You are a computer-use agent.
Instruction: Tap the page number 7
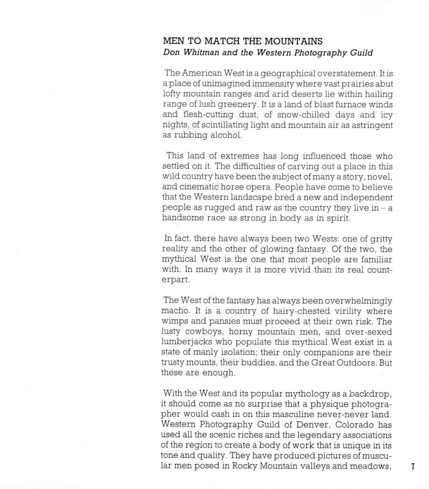(x=413, y=467)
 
